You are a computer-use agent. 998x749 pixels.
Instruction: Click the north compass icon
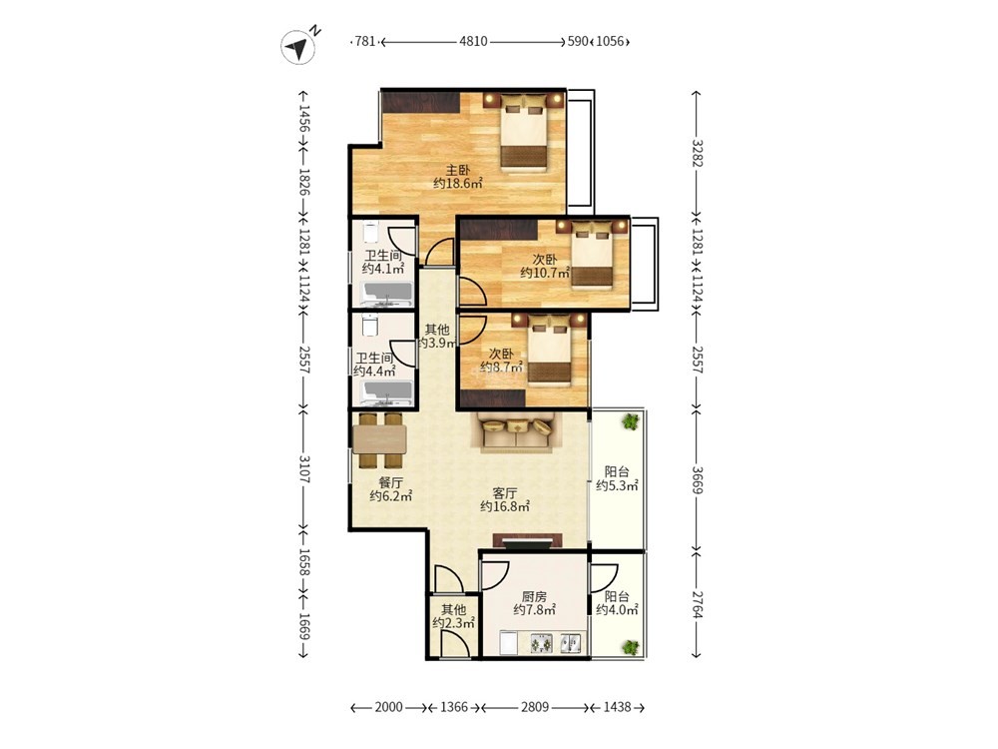(298, 47)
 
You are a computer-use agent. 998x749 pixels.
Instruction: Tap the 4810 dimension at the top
(473, 41)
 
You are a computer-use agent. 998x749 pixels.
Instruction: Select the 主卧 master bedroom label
(458, 170)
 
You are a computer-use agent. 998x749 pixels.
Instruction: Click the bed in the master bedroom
(523, 133)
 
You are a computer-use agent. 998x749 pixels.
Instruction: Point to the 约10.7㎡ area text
(544, 274)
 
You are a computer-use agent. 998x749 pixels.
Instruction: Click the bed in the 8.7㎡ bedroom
(549, 351)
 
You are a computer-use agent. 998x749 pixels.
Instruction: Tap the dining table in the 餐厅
(380, 439)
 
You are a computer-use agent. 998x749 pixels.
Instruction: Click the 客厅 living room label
(505, 493)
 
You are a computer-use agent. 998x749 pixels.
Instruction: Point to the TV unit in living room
(528, 540)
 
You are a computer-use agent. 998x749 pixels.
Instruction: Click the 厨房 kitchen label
(534, 597)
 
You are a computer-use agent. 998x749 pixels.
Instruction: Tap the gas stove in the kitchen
(542, 643)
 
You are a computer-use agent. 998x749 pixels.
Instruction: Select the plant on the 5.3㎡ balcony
(631, 421)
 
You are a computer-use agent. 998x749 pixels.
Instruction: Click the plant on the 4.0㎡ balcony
(630, 647)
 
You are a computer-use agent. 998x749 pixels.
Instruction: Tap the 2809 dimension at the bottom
(535, 707)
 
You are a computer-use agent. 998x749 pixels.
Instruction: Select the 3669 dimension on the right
(697, 479)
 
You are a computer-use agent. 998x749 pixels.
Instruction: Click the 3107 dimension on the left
(304, 468)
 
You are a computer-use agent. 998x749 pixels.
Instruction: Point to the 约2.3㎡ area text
(454, 623)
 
